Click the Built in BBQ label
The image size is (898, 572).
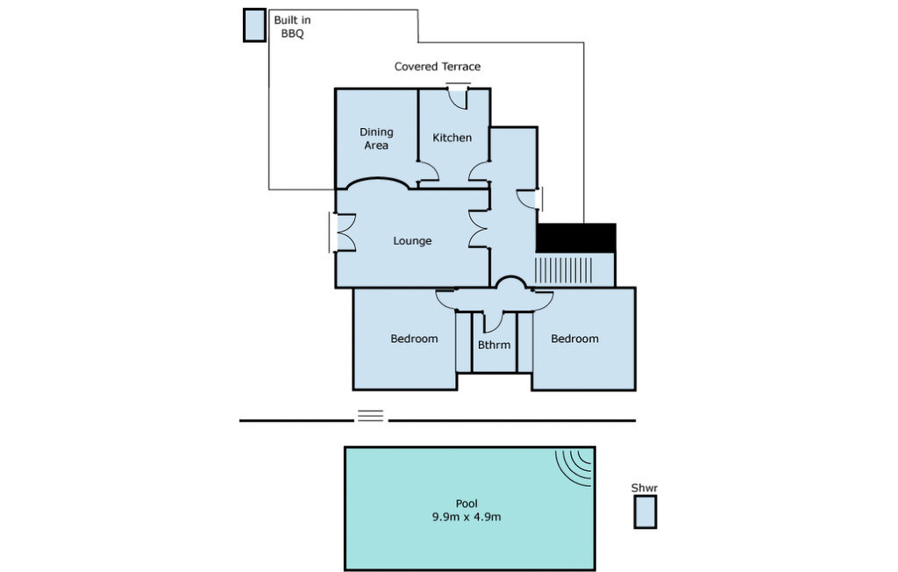[292, 26]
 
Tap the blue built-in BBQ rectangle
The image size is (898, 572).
[254, 25]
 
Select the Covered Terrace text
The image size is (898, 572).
[438, 67]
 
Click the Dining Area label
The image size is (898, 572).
[376, 139]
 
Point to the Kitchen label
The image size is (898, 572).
[452, 138]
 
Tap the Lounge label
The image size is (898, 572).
[412, 240]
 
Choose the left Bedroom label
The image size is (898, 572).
[414, 339]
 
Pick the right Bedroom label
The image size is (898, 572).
[574, 339]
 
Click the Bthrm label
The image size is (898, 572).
[494, 345]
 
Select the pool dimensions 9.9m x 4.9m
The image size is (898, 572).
[467, 517]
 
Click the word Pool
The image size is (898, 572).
[467, 504]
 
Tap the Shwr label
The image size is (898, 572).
[645, 489]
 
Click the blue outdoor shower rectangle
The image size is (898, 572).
[645, 511]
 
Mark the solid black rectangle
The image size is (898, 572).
[575, 238]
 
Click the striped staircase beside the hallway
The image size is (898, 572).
[564, 270]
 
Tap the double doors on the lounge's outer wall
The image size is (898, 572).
[343, 232]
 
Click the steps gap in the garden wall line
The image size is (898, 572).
[371, 416]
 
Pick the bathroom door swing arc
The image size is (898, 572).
[493, 323]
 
